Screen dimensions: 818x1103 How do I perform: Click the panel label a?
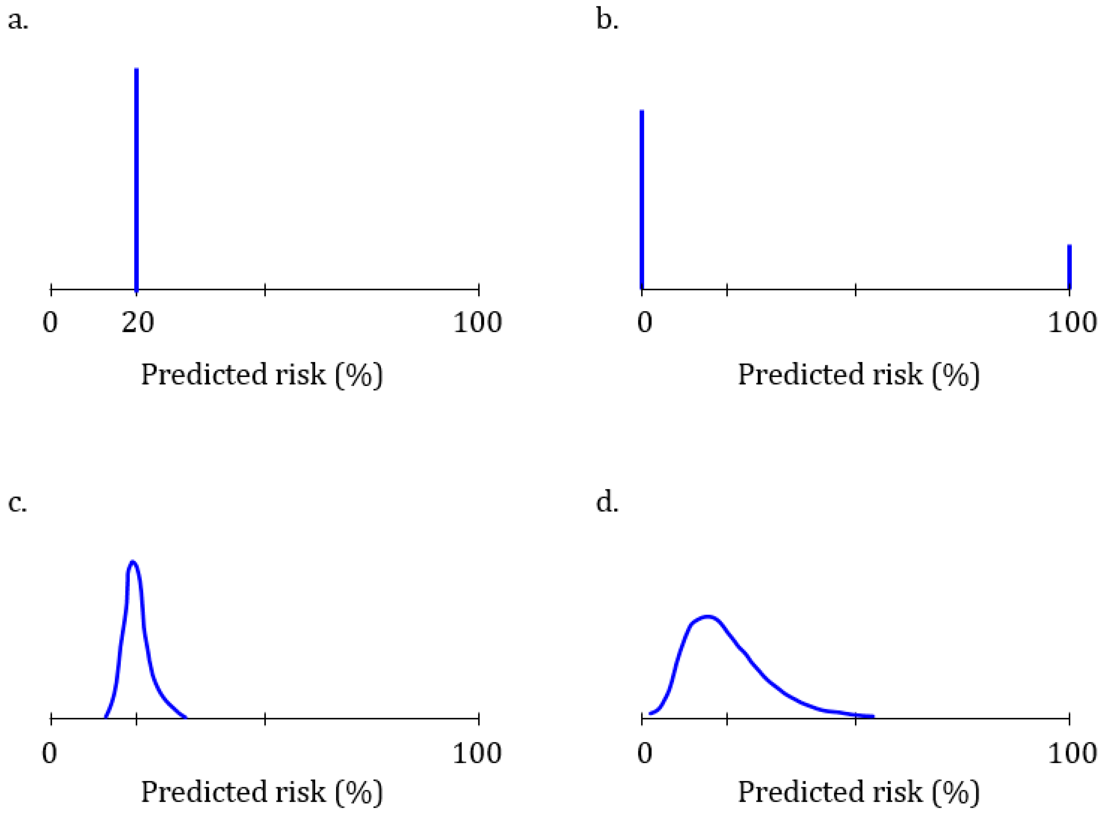point(18,21)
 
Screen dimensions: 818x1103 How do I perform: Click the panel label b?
point(607,21)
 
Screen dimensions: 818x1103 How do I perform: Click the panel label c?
point(17,503)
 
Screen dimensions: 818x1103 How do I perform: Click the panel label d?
point(607,503)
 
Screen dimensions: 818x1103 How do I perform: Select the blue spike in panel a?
point(137,178)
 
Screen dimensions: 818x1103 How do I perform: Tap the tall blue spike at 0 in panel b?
point(642,198)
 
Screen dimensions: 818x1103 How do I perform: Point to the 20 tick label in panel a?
point(138,323)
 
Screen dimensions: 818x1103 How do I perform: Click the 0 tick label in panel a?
point(50,323)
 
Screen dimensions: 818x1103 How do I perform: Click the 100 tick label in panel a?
point(478,323)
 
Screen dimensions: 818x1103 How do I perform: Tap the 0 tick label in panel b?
point(645,323)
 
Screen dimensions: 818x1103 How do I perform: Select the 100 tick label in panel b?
point(1072,323)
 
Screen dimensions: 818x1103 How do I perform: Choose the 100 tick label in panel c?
point(478,753)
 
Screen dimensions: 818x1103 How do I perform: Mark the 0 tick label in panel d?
point(645,753)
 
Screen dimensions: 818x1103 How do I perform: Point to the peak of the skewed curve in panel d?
point(708,617)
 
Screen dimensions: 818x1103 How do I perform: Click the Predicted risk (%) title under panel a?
point(262,375)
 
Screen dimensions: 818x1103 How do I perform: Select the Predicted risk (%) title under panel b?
point(858,375)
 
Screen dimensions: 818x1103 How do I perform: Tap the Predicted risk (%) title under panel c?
point(262,792)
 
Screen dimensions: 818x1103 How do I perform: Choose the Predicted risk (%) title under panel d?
point(858,792)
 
